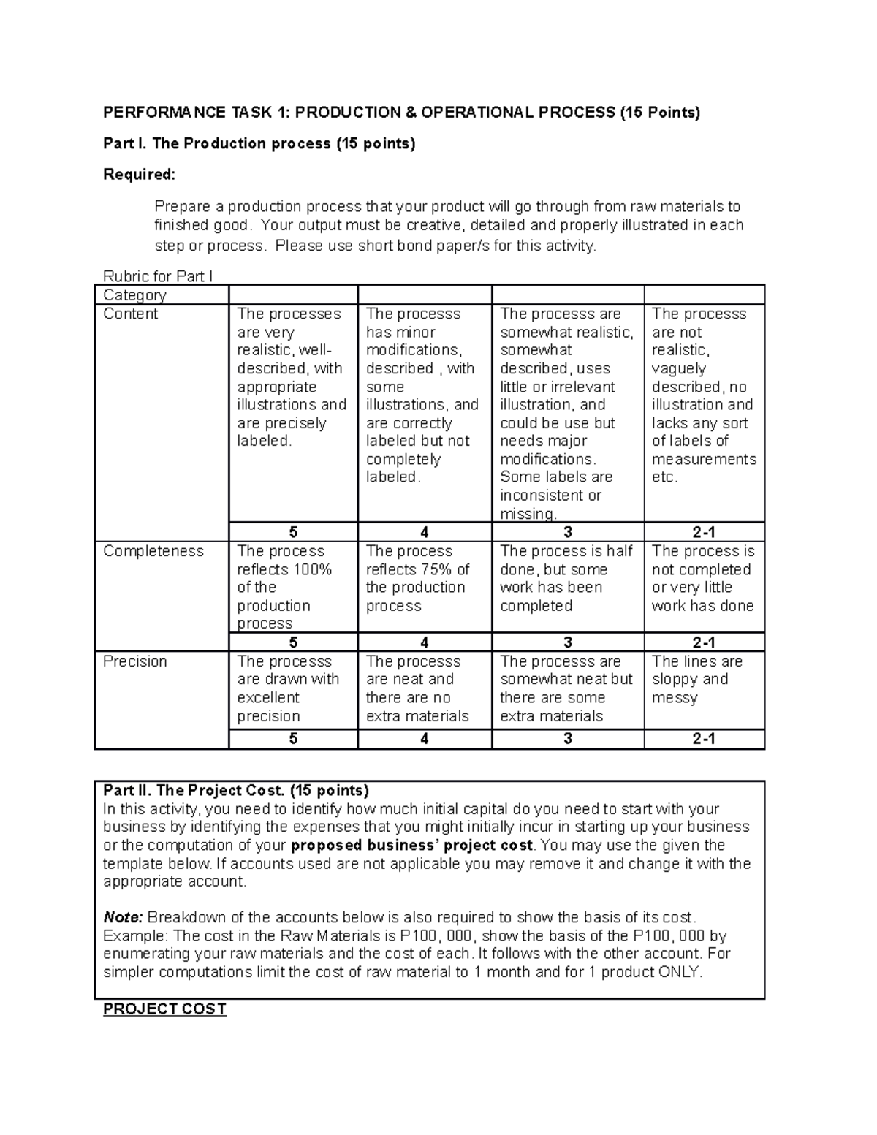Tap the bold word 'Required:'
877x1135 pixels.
(139, 175)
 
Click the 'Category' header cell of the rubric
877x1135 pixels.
(134, 295)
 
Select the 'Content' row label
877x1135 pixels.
(130, 314)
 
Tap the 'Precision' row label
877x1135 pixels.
(134, 661)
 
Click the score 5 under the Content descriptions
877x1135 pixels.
(293, 532)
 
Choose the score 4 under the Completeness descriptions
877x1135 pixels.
(425, 642)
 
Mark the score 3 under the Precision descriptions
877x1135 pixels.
(568, 739)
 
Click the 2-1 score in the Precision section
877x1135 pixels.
(704, 739)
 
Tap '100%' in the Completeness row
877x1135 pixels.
(313, 570)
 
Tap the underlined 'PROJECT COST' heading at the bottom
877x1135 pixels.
(164, 1009)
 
